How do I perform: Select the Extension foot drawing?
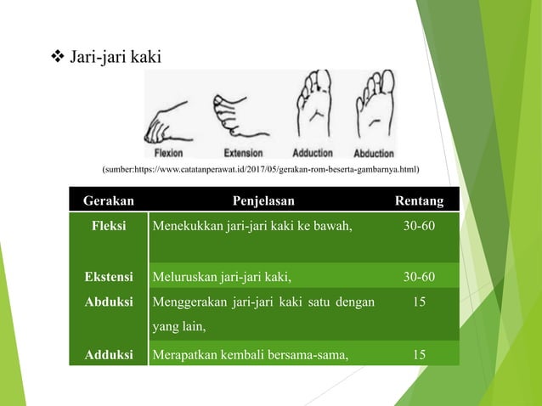click(x=241, y=115)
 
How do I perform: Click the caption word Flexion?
click(x=174, y=154)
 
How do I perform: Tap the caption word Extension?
click(x=243, y=154)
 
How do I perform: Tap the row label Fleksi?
click(x=109, y=226)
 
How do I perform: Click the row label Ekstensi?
click(x=109, y=276)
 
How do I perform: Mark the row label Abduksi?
click(x=109, y=300)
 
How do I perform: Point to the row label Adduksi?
click(x=109, y=354)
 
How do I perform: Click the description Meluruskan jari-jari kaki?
click(x=222, y=276)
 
